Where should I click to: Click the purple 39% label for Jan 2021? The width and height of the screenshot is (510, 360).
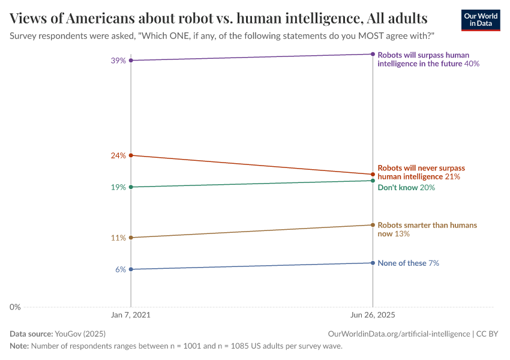[118, 61]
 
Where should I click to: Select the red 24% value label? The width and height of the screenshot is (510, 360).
[118, 155]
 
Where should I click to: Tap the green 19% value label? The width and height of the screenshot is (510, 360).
[118, 187]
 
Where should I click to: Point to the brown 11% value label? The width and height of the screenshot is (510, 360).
[118, 238]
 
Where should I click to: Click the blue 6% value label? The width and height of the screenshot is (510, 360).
[120, 269]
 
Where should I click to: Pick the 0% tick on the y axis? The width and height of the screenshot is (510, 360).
[15, 307]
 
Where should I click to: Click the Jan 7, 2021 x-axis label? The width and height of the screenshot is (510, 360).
[131, 315]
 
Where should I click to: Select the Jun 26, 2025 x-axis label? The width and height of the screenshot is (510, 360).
[373, 315]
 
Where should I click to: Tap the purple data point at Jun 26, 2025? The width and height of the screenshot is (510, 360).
[373, 54]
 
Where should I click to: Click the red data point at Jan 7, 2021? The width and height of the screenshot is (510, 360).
[131, 155]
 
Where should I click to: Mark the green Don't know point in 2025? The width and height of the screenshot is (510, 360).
[373, 181]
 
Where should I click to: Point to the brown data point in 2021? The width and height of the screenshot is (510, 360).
[131, 238]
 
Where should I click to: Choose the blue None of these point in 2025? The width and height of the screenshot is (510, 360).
[373, 263]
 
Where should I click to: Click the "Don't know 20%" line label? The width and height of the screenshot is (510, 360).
[406, 188]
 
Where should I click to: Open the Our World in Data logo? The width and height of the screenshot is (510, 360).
[480, 20]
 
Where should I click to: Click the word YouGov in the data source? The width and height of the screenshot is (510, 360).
[68, 334]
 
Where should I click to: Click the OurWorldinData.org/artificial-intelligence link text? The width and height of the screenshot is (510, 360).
[399, 334]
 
